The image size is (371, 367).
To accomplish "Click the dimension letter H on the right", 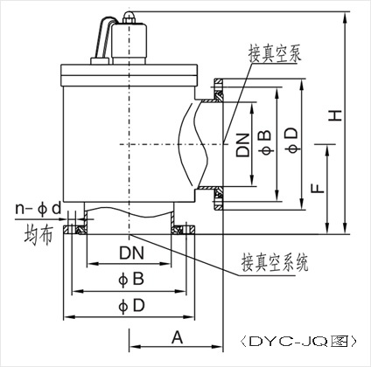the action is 336,115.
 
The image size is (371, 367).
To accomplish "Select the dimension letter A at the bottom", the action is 177,337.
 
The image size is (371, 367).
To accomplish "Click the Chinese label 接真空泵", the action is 275,53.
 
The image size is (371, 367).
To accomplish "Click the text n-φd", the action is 38,209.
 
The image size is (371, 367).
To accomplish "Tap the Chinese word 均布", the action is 38,235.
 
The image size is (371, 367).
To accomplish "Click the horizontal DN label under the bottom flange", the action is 131,253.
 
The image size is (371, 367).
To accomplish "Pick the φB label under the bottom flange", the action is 131,279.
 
